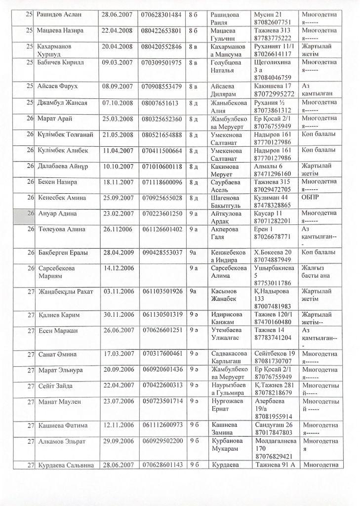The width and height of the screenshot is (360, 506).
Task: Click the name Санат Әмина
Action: [x=56, y=354]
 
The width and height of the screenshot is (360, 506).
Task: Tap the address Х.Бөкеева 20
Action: [x=275, y=253]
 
